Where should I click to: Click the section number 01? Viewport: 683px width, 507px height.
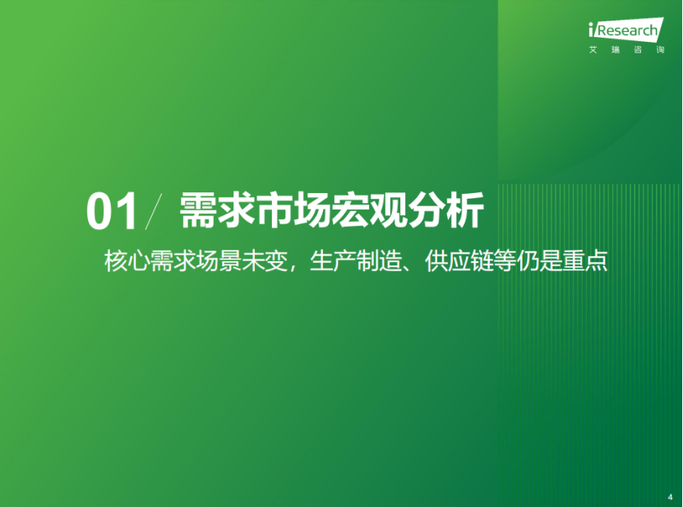click(x=112, y=212)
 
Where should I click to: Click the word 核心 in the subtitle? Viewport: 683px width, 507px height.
click(x=127, y=261)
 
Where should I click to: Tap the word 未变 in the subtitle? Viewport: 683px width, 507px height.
click(x=265, y=261)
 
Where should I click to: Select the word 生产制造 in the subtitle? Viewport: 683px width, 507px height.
click(x=356, y=261)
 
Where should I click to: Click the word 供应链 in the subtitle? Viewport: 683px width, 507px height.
click(x=459, y=261)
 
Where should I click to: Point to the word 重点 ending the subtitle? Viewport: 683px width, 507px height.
click(x=585, y=261)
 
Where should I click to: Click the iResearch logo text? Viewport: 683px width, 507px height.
click(x=626, y=30)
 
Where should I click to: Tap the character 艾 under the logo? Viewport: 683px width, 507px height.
click(x=593, y=49)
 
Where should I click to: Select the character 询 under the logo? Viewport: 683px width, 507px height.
click(x=660, y=49)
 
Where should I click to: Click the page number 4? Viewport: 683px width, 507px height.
click(x=671, y=497)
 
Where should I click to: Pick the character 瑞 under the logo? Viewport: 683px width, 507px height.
click(x=615, y=49)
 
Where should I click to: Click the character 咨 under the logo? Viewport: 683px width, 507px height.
click(x=638, y=49)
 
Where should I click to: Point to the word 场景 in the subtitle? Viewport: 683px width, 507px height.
click(x=219, y=261)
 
